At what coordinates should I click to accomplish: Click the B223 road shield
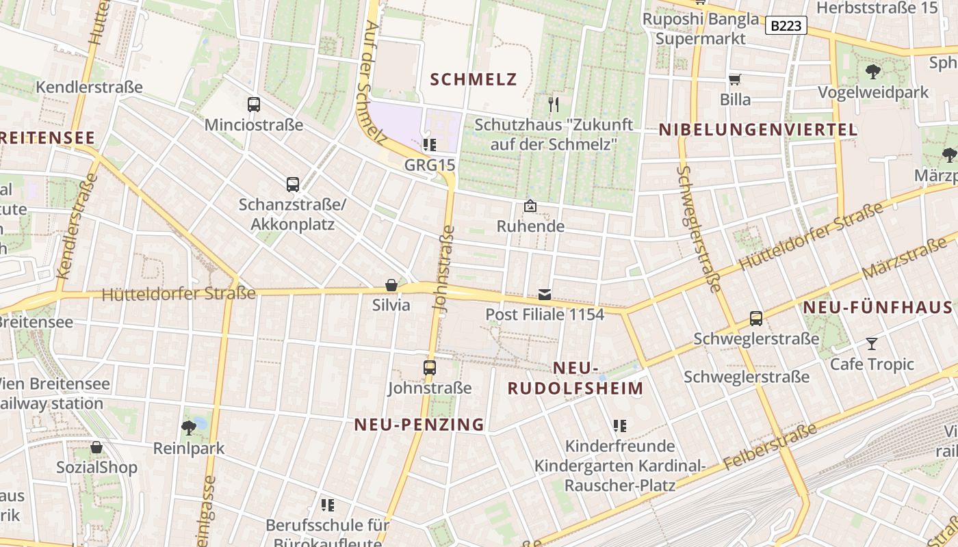786,26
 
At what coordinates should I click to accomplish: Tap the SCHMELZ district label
474,79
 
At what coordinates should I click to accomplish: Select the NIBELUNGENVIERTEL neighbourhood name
758,130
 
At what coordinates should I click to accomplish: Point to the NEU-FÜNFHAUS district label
877,307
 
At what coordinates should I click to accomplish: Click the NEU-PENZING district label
419,425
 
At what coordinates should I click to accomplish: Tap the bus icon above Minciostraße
254,105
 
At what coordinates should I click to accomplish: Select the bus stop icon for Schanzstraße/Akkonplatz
293,184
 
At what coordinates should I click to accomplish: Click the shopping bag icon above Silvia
391,285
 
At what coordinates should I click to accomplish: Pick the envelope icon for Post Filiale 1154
545,295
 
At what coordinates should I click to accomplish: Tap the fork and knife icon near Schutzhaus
554,104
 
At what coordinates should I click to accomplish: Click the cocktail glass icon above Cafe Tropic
871,343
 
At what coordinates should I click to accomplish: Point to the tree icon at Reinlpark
189,428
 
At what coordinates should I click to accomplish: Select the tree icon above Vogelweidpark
873,71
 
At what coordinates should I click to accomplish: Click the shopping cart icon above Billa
735,80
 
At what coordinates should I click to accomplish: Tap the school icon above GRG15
430,144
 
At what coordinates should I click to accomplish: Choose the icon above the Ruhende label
530,205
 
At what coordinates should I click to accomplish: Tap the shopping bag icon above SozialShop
96,447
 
